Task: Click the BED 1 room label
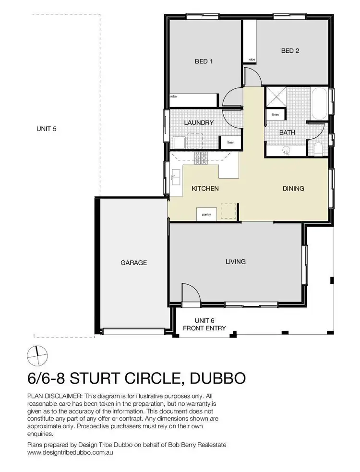pyautogui.click(x=204, y=61)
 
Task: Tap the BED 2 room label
pyautogui.click(x=290, y=50)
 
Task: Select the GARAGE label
pyautogui.click(x=133, y=263)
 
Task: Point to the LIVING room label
pyautogui.click(x=236, y=262)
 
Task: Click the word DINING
pyautogui.click(x=293, y=189)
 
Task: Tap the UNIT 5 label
pyautogui.click(x=47, y=129)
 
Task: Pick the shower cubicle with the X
pyautogui.click(x=276, y=98)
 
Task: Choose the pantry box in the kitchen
pyautogui.click(x=206, y=214)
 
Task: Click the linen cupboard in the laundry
pyautogui.click(x=227, y=143)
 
